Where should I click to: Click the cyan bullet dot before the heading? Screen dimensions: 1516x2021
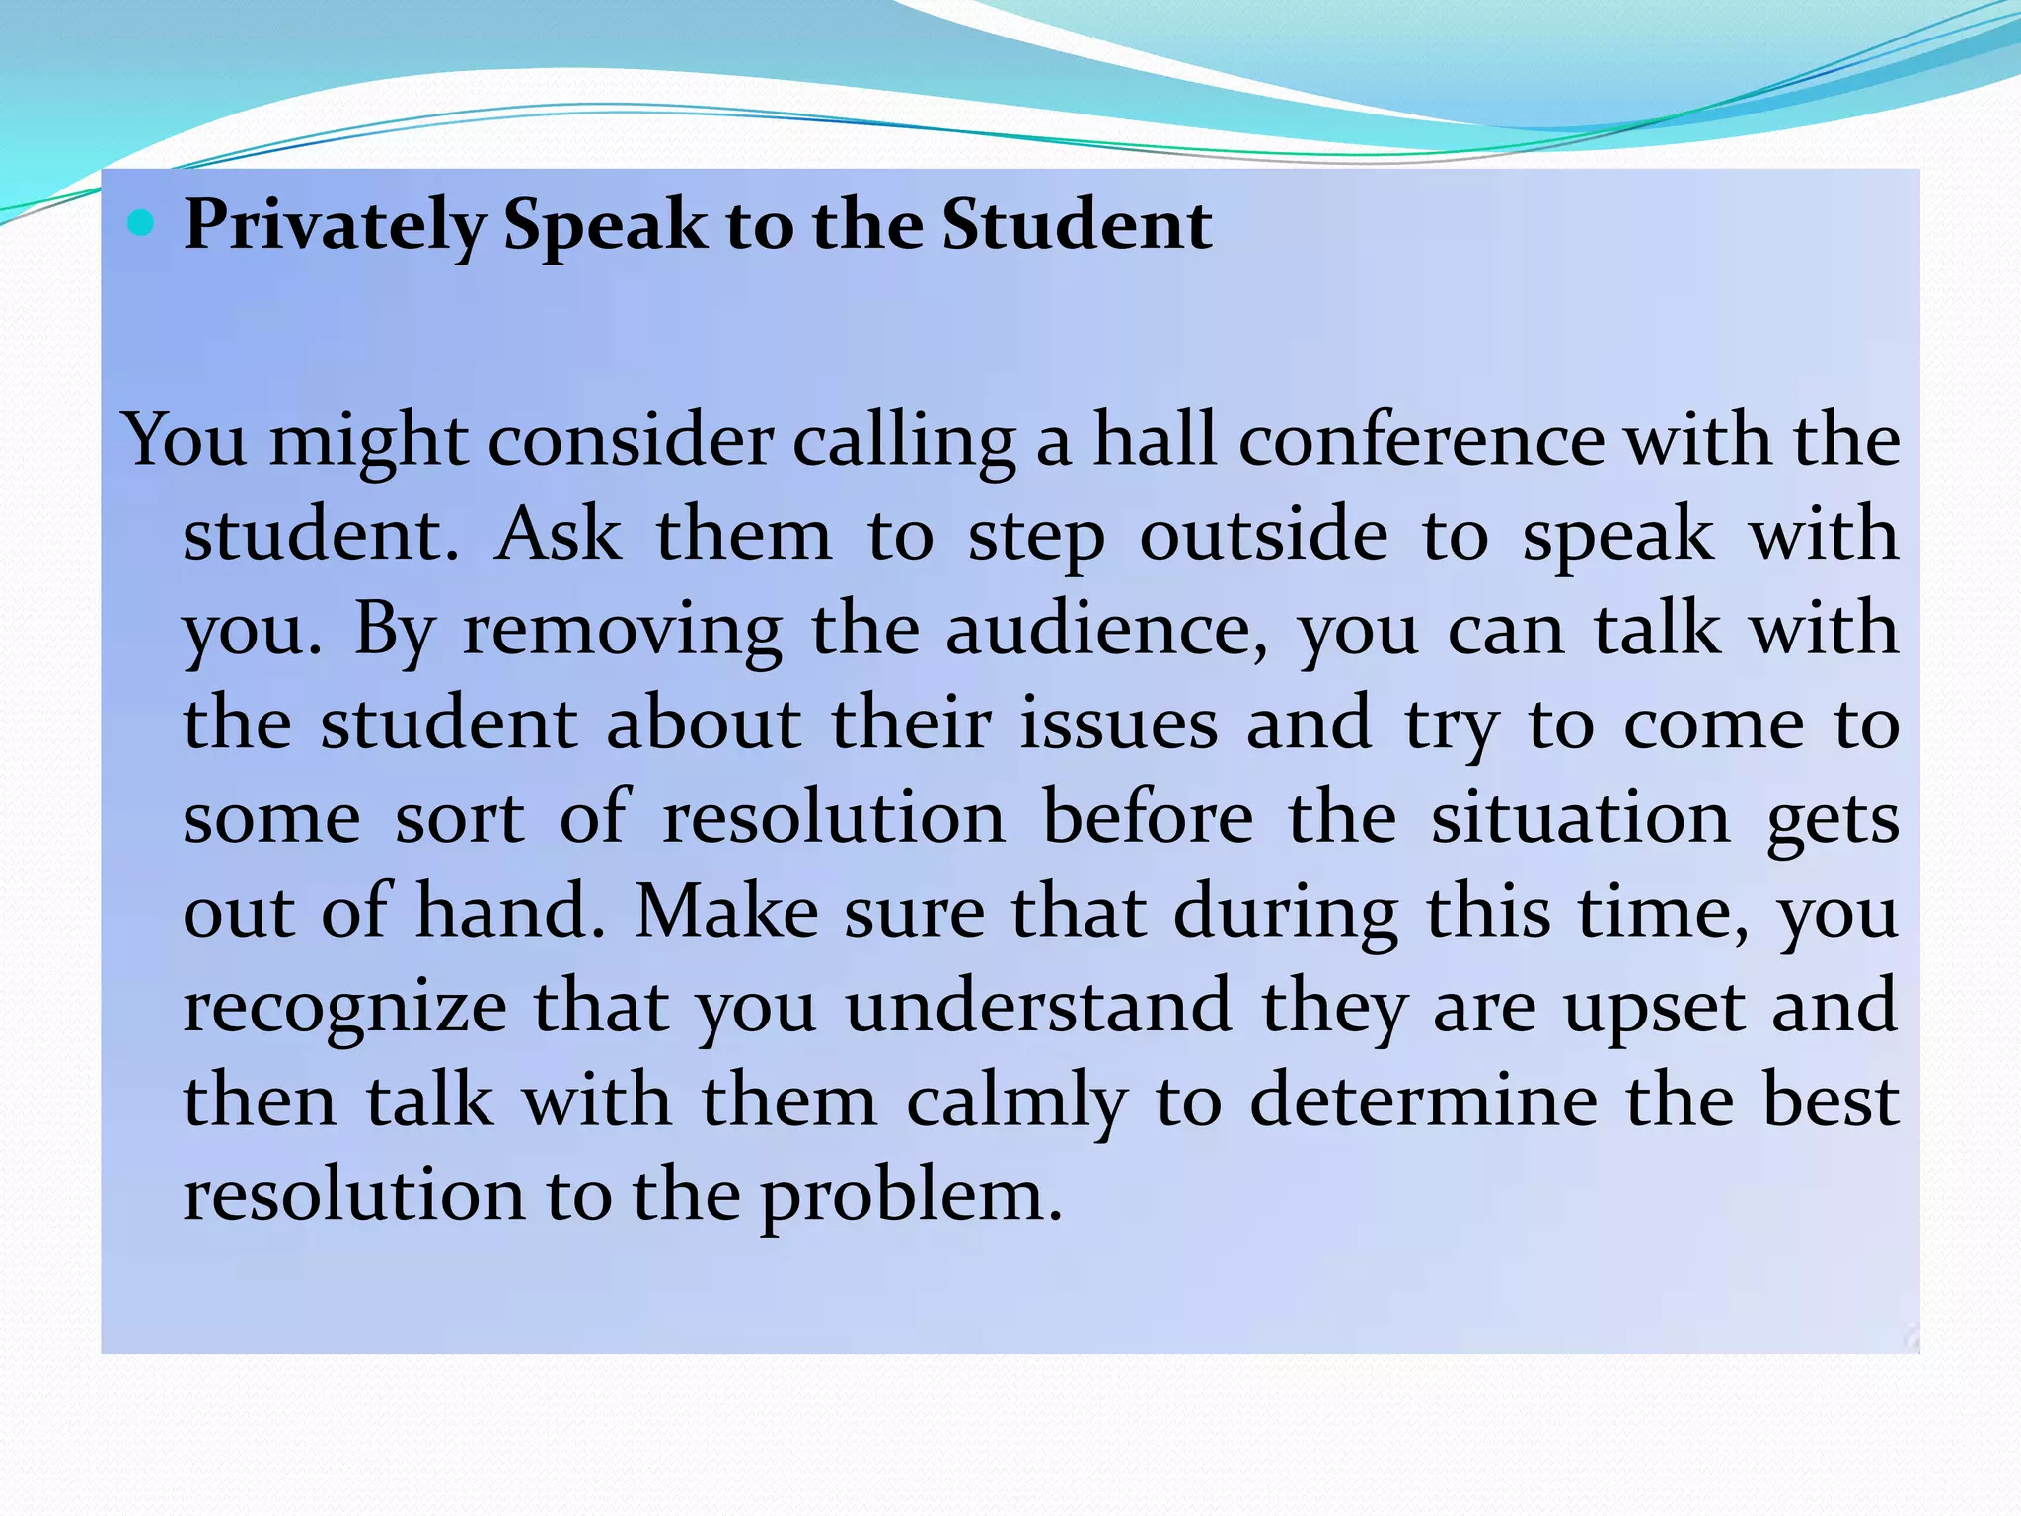click(x=141, y=224)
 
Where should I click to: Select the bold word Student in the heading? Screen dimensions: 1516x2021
click(x=1077, y=224)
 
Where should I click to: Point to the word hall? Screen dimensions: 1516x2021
click(x=1155, y=440)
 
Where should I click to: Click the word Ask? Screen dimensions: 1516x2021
click(x=559, y=535)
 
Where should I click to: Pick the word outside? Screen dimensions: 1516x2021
click(x=1264, y=535)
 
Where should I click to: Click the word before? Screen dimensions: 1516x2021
click(x=1148, y=818)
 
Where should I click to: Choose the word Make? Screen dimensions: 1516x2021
click(x=726, y=912)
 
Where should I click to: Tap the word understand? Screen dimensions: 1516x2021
click(x=1038, y=1007)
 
